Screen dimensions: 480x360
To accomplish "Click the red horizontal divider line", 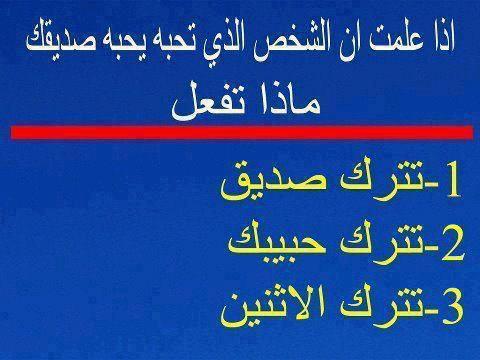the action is pyautogui.click(x=242, y=132).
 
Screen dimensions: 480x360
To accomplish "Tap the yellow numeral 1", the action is pyautogui.click(x=452, y=180).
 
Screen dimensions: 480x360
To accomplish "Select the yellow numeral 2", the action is pyautogui.click(x=453, y=245).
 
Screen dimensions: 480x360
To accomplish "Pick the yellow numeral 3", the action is pyautogui.click(x=453, y=308).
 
